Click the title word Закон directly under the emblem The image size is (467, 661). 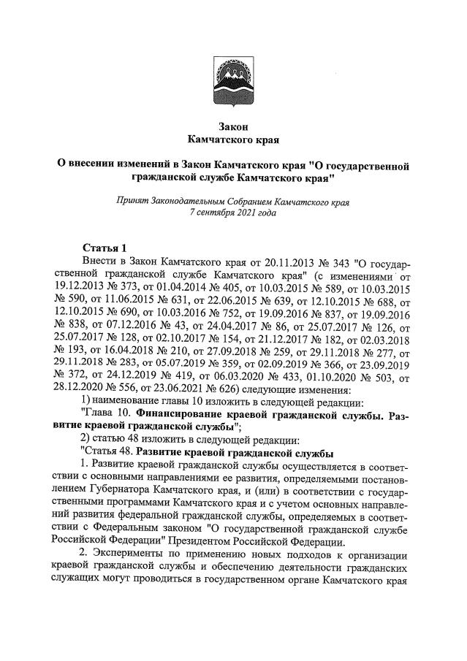click(x=233, y=126)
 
